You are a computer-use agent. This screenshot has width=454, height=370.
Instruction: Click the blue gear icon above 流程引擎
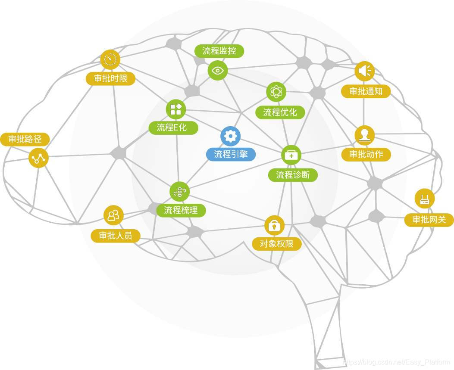coord(231,136)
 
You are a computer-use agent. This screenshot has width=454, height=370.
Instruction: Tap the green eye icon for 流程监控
coord(217,70)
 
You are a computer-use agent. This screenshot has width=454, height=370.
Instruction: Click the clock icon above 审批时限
coord(110,59)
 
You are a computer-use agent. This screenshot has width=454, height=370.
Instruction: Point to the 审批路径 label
coord(25,139)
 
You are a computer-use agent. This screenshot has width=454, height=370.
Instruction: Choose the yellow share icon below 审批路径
coord(39,158)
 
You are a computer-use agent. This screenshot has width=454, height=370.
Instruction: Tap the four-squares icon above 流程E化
coord(176,109)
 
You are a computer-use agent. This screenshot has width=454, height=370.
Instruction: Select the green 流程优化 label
coord(280,112)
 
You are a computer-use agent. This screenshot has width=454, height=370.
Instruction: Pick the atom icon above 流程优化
coord(276,91)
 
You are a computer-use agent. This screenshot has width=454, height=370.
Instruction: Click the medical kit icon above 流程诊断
coord(291,155)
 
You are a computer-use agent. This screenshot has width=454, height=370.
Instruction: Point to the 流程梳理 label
coord(181,210)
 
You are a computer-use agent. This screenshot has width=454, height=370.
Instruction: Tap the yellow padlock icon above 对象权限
coord(274,225)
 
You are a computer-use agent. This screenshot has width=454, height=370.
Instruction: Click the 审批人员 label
coord(115,236)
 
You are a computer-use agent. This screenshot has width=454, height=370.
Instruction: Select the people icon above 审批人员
coord(113,215)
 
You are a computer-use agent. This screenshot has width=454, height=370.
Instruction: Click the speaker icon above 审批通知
coord(365,71)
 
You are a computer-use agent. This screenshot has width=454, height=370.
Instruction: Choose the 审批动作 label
coord(366,154)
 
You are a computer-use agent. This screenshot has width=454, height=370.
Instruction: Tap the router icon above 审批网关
coord(425,199)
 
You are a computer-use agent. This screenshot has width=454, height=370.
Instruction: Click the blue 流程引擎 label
coord(231,154)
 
